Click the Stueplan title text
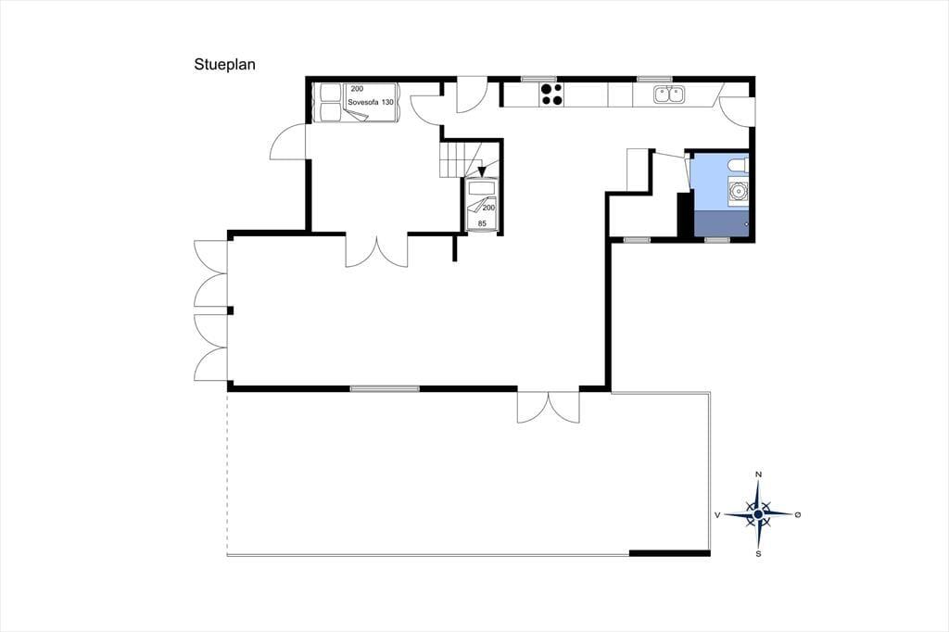pos(224,64)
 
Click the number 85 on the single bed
pos(482,223)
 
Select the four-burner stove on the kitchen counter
pos(550,94)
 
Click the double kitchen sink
pos(668,94)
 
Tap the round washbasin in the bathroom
pos(739,191)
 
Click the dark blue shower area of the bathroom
pos(721,222)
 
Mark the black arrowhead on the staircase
pos(482,172)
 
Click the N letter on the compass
pos(758,474)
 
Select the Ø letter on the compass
pos(798,514)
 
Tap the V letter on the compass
pos(717,515)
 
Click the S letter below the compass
pos(758,553)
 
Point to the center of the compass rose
pos(758,514)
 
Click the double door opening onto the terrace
pos(549,406)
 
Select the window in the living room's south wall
pos(385,388)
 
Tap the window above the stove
pos(538,79)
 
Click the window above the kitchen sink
pos(654,79)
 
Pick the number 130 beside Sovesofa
pos(388,102)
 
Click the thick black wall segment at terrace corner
pos(669,552)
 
